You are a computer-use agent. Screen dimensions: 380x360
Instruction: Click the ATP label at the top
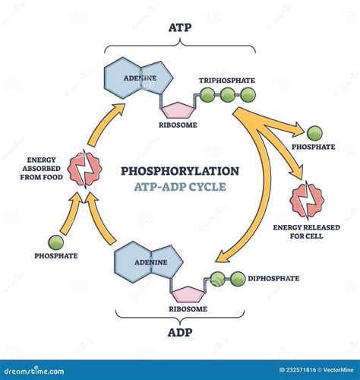179,28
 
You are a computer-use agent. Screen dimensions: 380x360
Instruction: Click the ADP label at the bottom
180,333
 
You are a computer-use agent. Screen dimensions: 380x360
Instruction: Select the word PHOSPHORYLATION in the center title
179,171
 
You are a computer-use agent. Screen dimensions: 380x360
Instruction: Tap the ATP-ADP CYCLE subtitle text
179,187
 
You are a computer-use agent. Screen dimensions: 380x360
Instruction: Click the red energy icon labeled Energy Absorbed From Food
80,168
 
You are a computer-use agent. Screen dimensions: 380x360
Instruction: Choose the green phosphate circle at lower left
55,242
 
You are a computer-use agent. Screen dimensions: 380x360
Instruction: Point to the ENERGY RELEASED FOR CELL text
308,230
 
